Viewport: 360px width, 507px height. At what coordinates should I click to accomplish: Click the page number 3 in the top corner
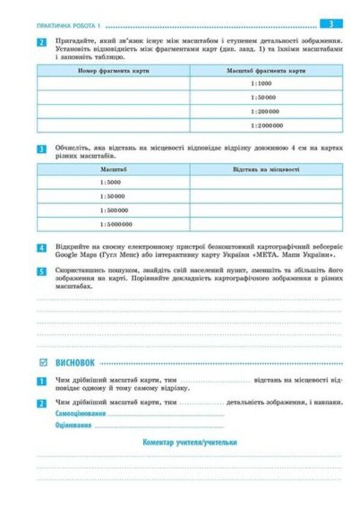(x=331, y=24)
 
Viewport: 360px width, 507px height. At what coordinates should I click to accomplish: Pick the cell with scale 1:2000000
(x=266, y=125)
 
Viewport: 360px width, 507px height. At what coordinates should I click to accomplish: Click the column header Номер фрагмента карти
(x=113, y=71)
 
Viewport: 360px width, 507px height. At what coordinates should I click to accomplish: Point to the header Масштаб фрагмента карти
(x=266, y=71)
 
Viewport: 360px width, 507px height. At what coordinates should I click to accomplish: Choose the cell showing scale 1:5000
(x=113, y=182)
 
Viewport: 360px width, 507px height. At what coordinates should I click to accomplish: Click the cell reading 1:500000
(x=113, y=211)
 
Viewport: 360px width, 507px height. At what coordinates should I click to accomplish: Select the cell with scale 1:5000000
(x=113, y=224)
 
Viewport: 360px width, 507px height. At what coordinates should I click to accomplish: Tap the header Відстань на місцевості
(x=266, y=170)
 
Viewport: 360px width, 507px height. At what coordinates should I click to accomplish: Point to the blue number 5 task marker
(x=41, y=271)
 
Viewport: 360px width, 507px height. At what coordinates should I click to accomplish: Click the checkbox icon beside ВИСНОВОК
(x=42, y=362)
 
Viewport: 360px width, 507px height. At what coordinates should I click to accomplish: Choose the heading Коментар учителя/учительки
(x=190, y=442)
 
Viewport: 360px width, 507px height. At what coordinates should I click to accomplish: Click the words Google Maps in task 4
(x=68, y=254)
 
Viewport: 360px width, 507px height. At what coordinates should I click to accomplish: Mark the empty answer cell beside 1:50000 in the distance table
(x=266, y=196)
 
